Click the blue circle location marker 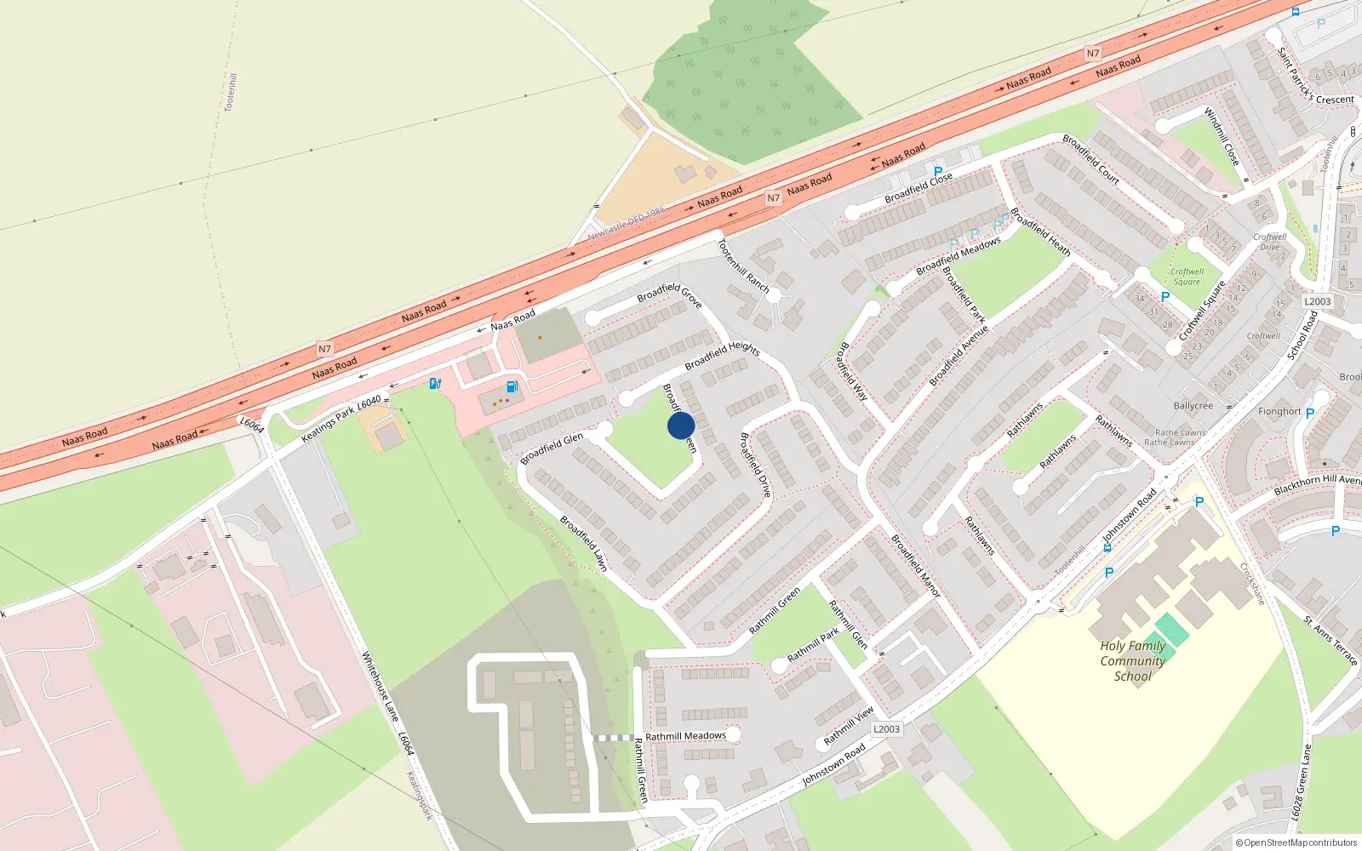(681, 425)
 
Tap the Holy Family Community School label (1132, 661)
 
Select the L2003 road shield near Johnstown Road (886, 728)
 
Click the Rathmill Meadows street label (685, 736)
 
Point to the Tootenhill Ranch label (743, 266)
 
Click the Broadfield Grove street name (669, 294)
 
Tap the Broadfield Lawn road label (583, 543)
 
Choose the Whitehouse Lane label (380, 686)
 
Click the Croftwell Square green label (1187, 277)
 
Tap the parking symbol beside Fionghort (1309, 414)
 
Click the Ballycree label (1193, 406)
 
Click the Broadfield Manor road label (915, 565)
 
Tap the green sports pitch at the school (1171, 631)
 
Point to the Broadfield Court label (1090, 158)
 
